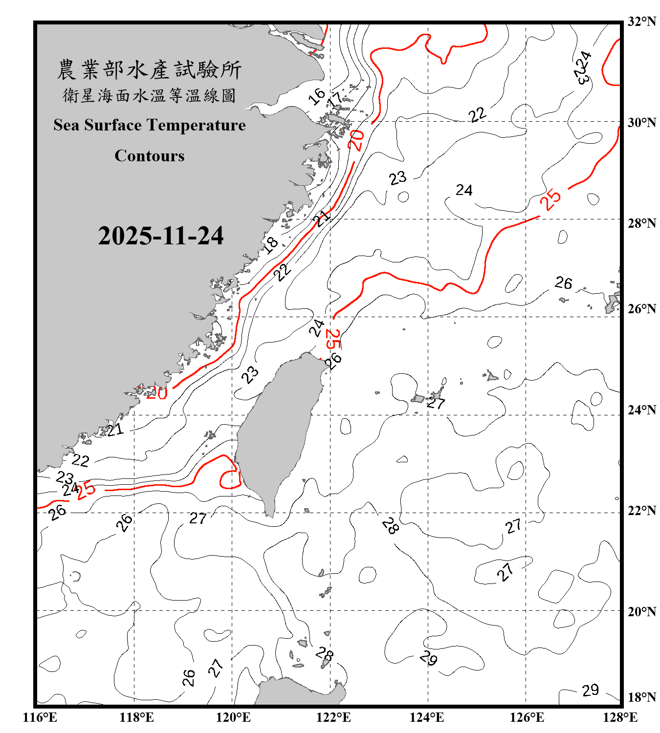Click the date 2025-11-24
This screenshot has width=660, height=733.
pos(161,236)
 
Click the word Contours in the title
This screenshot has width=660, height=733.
pos(150,156)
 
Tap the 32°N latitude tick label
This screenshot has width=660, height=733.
pos(642,22)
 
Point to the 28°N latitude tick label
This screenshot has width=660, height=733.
pos(642,223)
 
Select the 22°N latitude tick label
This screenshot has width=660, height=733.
pos(642,511)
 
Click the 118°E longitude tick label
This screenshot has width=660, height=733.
pos(136,717)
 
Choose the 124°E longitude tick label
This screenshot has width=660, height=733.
pos(427,717)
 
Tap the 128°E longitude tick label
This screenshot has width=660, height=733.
pos(620,717)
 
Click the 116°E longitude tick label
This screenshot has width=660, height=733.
pos(40,717)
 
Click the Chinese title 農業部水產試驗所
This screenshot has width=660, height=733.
pos(149,70)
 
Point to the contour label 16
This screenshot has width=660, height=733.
pos(317,96)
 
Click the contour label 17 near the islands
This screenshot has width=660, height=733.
pos(335,99)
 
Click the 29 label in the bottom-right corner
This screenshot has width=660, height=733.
pos(590,690)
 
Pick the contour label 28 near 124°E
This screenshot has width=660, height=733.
pos(390,526)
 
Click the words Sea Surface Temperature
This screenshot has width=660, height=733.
pos(150,125)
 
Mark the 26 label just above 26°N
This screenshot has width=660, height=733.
pos(563,282)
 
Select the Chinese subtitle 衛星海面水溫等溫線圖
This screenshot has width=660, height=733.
pos(149,95)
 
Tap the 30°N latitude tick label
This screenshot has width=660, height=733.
pos(642,123)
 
